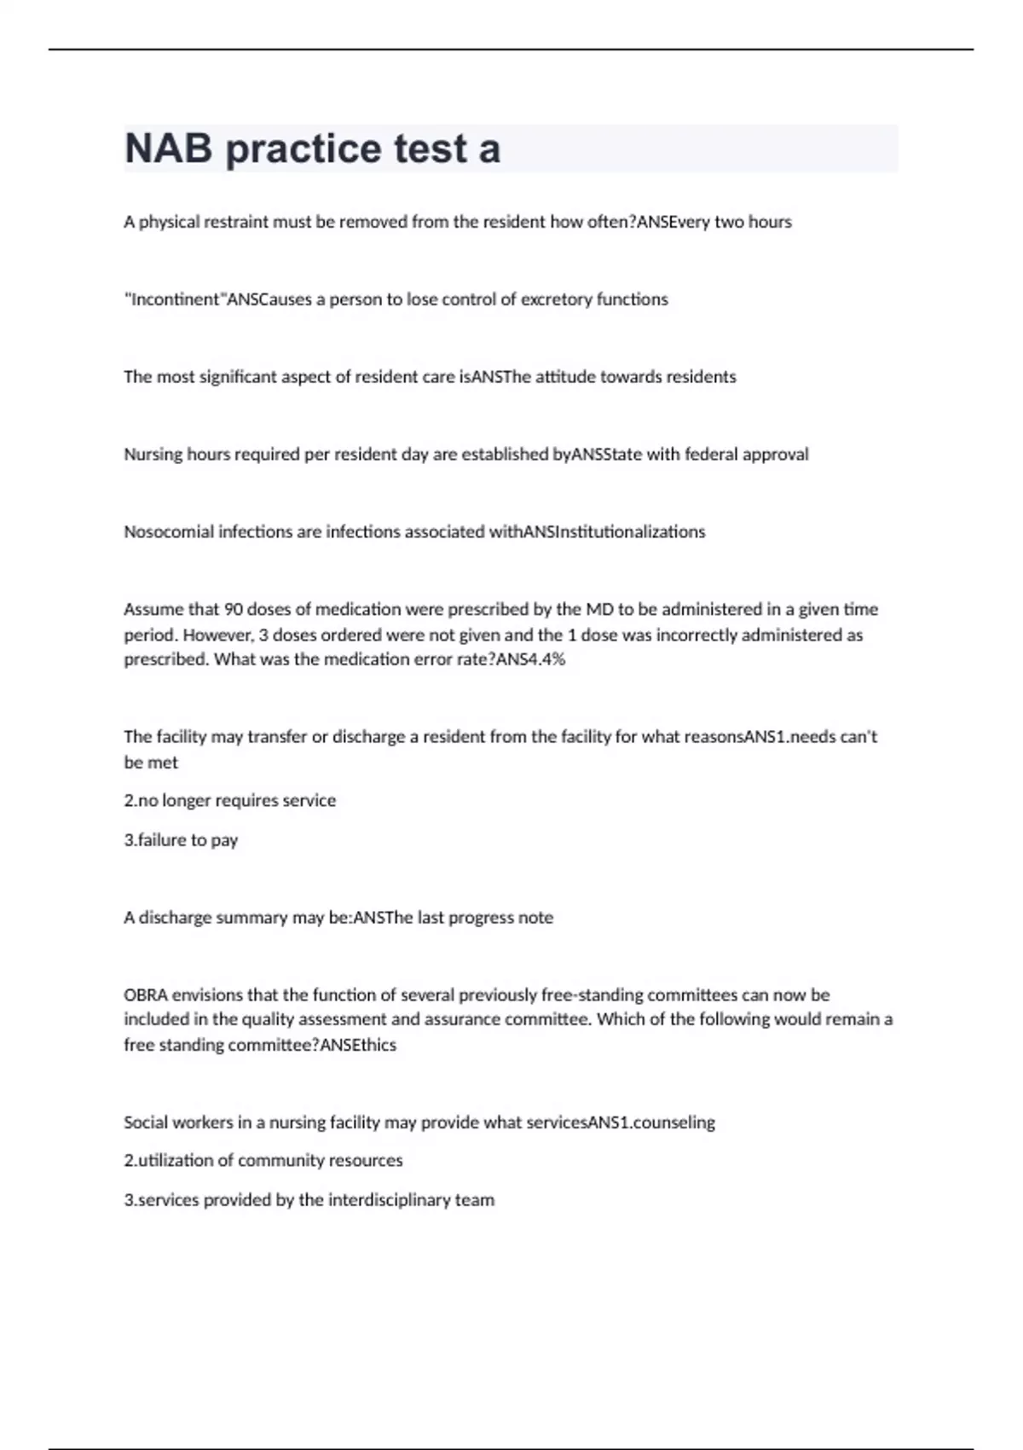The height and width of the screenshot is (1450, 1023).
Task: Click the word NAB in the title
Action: click(x=168, y=148)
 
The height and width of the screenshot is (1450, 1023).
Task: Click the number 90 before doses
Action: click(x=234, y=610)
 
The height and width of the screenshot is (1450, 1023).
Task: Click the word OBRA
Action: click(x=146, y=995)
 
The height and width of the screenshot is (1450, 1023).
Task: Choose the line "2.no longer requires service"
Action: click(x=230, y=801)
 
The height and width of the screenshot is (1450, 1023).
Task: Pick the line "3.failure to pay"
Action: click(x=181, y=840)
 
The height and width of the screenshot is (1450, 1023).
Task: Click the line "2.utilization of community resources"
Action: click(x=263, y=1161)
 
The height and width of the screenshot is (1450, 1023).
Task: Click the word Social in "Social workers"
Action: click(x=146, y=1122)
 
